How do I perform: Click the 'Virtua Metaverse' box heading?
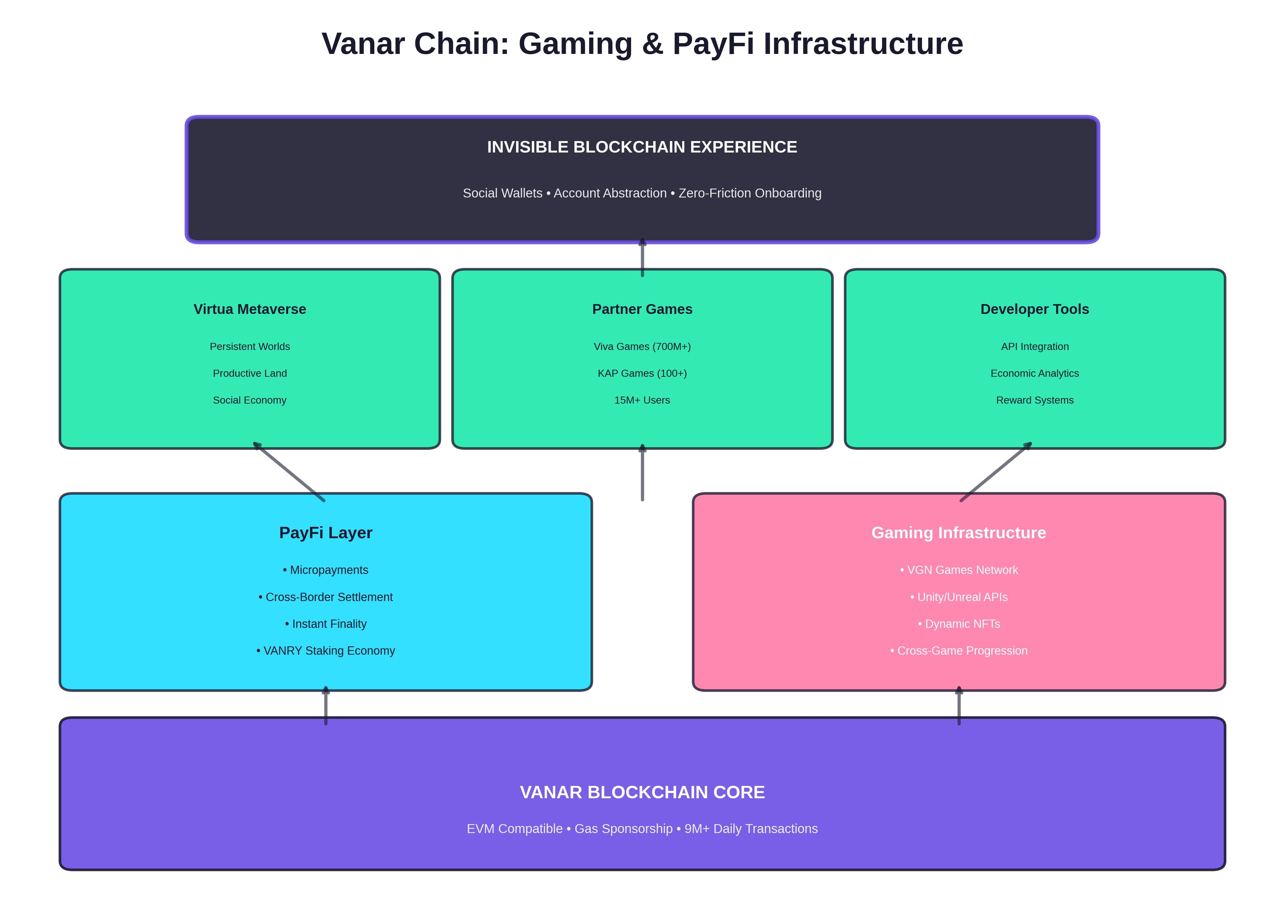(250, 309)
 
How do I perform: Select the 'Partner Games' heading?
(642, 309)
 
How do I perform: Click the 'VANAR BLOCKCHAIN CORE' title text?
(642, 792)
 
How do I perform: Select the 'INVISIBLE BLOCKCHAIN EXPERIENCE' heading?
(642, 147)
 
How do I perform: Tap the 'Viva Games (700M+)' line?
(642, 347)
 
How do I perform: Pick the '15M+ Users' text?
(642, 400)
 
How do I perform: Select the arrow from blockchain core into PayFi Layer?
(326, 706)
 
